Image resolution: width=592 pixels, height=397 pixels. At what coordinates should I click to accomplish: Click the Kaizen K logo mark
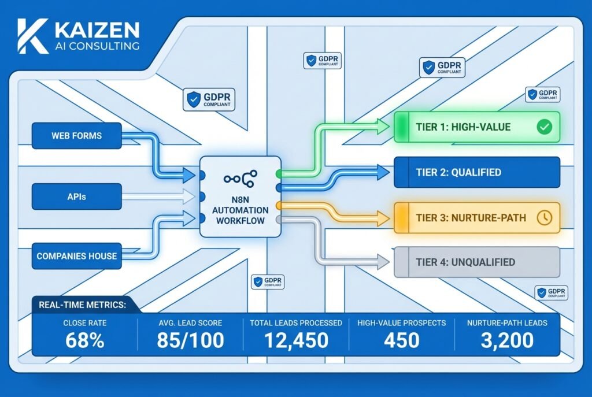[x=32, y=36]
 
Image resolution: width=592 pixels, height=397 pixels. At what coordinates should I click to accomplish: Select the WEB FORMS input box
[x=76, y=136]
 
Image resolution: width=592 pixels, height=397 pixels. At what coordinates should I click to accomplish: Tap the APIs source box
[x=76, y=196]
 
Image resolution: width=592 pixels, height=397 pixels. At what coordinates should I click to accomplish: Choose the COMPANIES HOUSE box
[x=76, y=255]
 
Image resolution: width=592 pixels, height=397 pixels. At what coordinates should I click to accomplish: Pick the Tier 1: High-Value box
[x=476, y=127]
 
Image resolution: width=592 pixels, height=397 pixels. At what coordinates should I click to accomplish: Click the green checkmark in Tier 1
[x=544, y=127]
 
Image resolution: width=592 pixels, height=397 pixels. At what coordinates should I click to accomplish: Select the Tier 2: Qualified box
[x=476, y=172]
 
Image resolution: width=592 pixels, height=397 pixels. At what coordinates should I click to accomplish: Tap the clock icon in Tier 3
[x=544, y=217]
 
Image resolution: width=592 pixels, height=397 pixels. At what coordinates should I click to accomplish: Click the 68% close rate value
[x=84, y=340]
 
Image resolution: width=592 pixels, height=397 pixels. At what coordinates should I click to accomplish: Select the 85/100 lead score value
[x=190, y=340]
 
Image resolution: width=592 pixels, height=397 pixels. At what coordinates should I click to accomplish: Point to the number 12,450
[x=295, y=340]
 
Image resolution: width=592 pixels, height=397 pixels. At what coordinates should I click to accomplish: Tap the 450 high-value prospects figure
[x=401, y=340]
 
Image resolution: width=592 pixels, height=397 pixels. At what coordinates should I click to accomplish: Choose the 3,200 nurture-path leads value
[x=506, y=340]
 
